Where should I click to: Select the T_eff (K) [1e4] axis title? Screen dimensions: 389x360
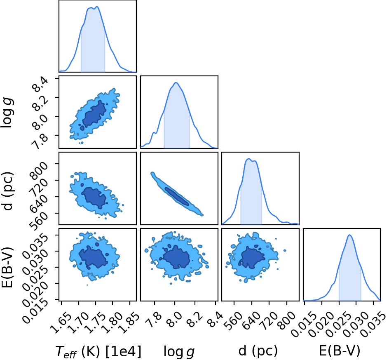[98, 352]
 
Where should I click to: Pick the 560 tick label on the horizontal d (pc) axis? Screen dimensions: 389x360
[234, 320]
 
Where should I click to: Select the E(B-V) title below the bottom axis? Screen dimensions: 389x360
[340, 351]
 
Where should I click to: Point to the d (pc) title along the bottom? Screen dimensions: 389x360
[258, 351]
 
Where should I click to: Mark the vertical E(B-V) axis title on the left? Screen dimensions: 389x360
[7, 267]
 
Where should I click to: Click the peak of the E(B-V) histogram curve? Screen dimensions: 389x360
[349, 235]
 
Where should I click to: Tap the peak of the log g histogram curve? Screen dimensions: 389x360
[176, 82]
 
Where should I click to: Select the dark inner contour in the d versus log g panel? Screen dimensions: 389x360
[177, 196]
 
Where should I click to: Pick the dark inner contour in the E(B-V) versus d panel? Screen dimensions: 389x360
[251, 258]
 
